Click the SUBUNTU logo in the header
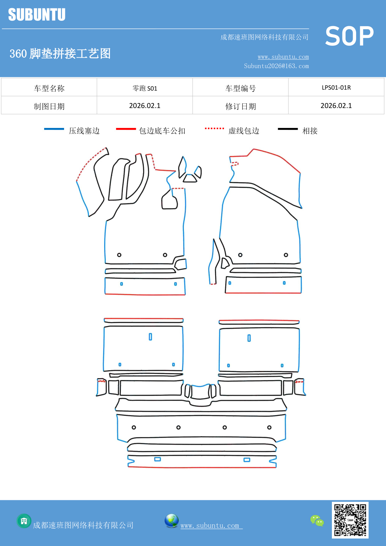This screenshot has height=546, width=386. pos(37,15)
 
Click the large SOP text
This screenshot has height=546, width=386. pos(349,36)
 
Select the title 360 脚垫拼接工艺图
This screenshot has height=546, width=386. pos(60,54)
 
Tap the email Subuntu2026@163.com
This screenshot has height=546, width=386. pos(276,66)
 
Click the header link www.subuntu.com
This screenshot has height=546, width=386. pos(283,57)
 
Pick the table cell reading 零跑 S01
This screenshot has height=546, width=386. pos(145,88)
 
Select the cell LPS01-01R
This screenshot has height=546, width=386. pos(336,87)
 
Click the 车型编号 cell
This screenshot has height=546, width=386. pos(240,88)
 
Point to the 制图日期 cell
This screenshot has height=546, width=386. pos(49,106)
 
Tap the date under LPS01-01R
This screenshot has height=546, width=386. pos(336,106)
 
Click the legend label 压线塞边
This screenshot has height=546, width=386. pos(84,131)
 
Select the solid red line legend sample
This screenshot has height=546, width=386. pos(126,129)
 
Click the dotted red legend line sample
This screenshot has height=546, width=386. pos(214,128)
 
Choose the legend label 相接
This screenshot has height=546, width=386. pos(310,131)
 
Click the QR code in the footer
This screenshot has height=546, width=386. pos(350,520)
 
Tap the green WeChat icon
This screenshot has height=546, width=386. pos(317,520)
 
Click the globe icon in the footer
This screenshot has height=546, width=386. pos(171,520)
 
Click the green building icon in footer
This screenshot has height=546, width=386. pos(24,521)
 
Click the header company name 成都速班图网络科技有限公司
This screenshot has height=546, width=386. pos(264,37)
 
